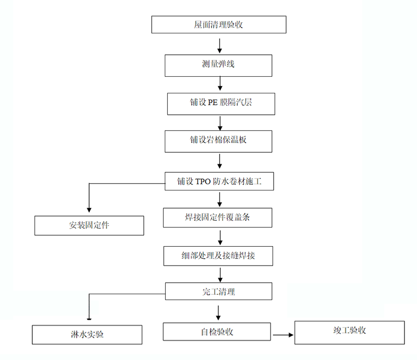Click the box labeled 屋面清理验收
click(218, 25)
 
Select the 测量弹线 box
click(218, 65)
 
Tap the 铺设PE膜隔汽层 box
click(220, 103)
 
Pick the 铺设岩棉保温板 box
click(218, 141)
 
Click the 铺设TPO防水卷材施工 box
click(218, 181)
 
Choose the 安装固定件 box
click(89, 225)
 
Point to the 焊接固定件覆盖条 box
click(217, 218)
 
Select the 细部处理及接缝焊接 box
click(218, 256)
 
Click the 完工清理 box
click(218, 292)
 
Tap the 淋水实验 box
click(87, 334)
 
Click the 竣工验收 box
click(349, 332)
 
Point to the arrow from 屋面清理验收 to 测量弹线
click(219, 45)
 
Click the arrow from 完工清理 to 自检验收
click(218, 311)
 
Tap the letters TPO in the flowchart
click(203, 181)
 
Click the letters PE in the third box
click(213, 103)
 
